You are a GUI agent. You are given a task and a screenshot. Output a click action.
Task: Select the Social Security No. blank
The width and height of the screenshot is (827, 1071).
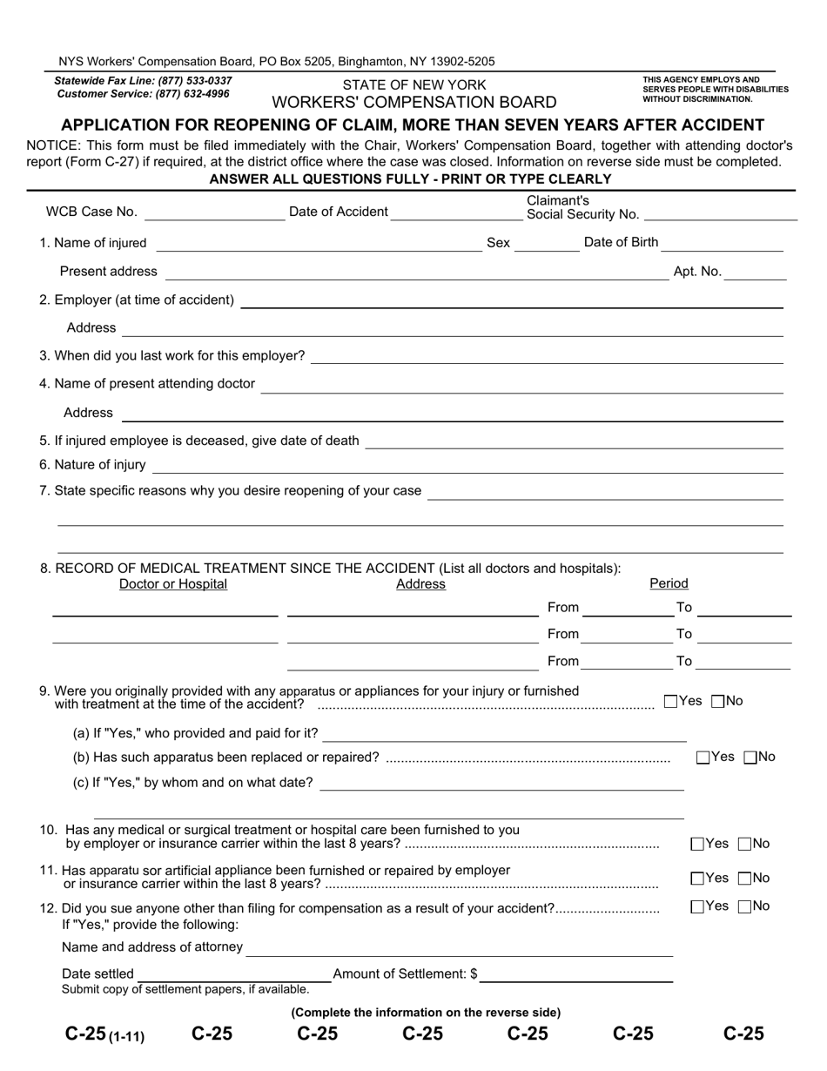[720, 214]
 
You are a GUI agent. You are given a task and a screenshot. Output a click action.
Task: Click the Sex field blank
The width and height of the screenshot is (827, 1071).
[547, 244]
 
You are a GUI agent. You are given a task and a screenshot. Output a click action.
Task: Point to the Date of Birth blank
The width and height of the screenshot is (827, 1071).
[723, 244]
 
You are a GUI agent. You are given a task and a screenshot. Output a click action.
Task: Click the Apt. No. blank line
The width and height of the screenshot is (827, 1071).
[755, 273]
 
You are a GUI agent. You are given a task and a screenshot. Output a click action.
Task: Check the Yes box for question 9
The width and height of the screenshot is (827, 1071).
[670, 701]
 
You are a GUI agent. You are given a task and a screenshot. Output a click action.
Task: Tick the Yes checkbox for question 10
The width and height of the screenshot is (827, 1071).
[697, 844]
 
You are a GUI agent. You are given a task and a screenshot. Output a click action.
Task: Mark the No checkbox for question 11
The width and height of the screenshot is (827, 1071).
[744, 879]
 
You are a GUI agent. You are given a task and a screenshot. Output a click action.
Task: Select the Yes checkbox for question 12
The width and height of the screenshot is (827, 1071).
[697, 906]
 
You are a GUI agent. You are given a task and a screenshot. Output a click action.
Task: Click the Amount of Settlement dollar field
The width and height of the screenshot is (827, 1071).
[576, 975]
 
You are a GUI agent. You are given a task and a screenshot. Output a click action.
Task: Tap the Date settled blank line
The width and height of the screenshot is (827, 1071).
[233, 975]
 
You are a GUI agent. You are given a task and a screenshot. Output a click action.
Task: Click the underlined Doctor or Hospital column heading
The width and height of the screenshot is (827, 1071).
[173, 584]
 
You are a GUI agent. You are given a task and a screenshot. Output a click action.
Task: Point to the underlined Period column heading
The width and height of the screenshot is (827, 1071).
[669, 583]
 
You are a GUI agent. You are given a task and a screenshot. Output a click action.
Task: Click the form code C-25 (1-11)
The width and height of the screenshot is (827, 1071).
[104, 1034]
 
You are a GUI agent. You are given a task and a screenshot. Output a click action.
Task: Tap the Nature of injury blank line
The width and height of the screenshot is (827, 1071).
[468, 466]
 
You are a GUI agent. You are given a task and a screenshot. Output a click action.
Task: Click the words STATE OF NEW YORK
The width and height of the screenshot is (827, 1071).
[414, 85]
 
